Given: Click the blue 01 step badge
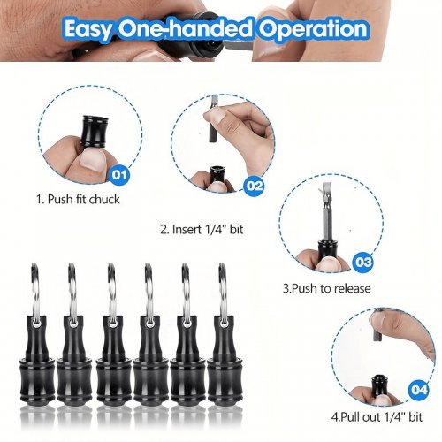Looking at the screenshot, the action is pyautogui.click(x=119, y=175).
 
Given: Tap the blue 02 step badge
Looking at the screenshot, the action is pyautogui.click(x=254, y=186).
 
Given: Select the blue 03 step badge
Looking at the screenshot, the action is pyautogui.click(x=362, y=262).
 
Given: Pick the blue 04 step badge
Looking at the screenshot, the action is pyautogui.click(x=418, y=390).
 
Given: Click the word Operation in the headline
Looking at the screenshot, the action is pyautogui.click(x=313, y=28).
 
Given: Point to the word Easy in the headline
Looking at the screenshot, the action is pyautogui.click(x=88, y=29).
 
